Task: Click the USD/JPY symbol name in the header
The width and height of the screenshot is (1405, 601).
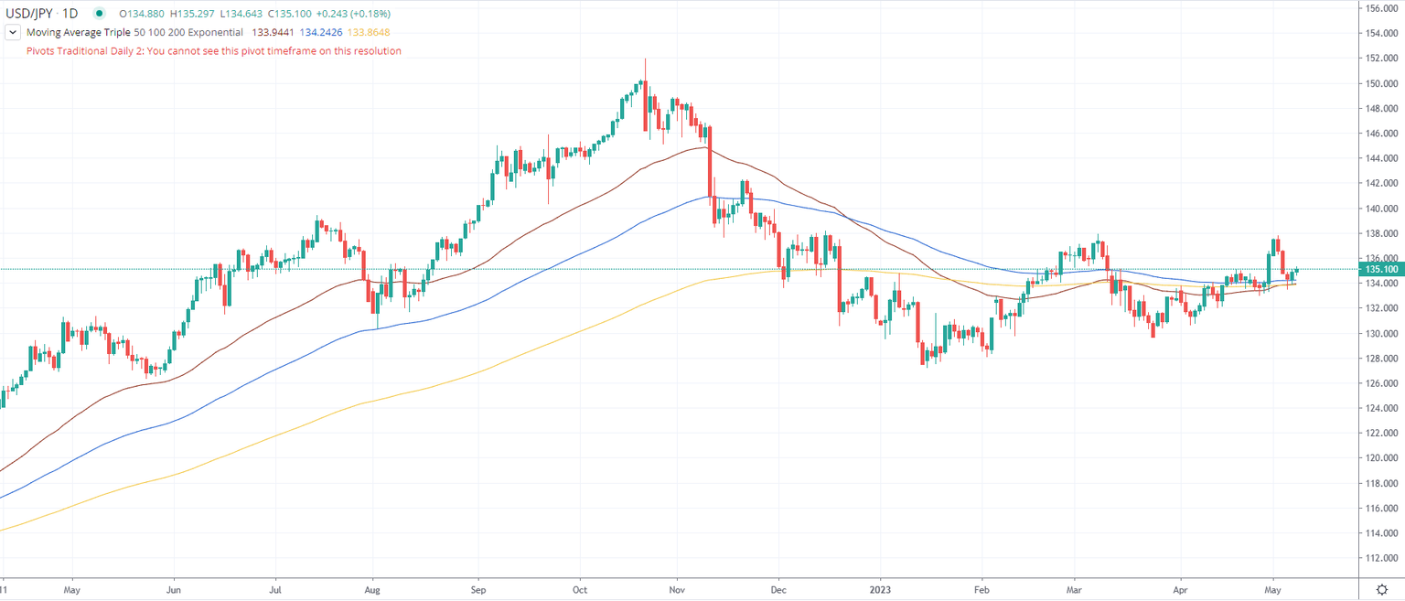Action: tap(28, 14)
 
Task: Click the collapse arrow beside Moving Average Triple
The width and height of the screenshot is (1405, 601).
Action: tap(12, 32)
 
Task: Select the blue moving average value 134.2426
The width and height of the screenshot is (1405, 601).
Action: tap(320, 32)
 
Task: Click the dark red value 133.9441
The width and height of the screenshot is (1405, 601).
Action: tap(272, 32)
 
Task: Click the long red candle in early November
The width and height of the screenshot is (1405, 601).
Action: tap(709, 173)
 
